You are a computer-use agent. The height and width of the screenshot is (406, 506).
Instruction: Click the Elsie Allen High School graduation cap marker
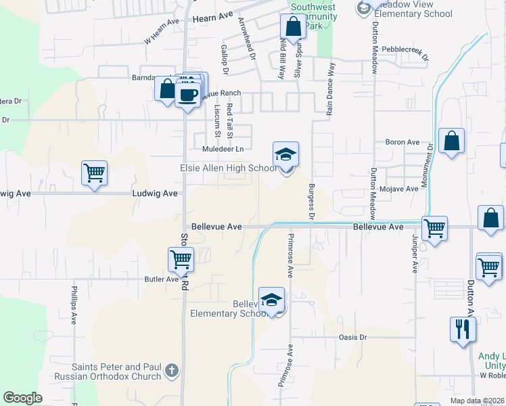(x=285, y=155)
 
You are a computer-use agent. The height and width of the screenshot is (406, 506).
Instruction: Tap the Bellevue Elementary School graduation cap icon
(x=271, y=300)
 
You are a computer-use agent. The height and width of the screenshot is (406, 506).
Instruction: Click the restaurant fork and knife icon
(x=463, y=330)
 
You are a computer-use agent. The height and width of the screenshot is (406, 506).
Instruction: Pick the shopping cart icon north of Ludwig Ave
(x=94, y=173)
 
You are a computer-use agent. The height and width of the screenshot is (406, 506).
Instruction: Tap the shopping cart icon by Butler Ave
(x=181, y=259)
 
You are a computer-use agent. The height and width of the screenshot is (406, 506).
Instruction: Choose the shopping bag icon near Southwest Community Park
(x=294, y=28)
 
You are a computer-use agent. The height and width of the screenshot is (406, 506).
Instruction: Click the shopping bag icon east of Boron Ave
(x=451, y=141)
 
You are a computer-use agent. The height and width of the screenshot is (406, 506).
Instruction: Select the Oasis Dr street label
(x=352, y=337)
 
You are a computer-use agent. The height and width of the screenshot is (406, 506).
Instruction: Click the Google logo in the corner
(x=23, y=398)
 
